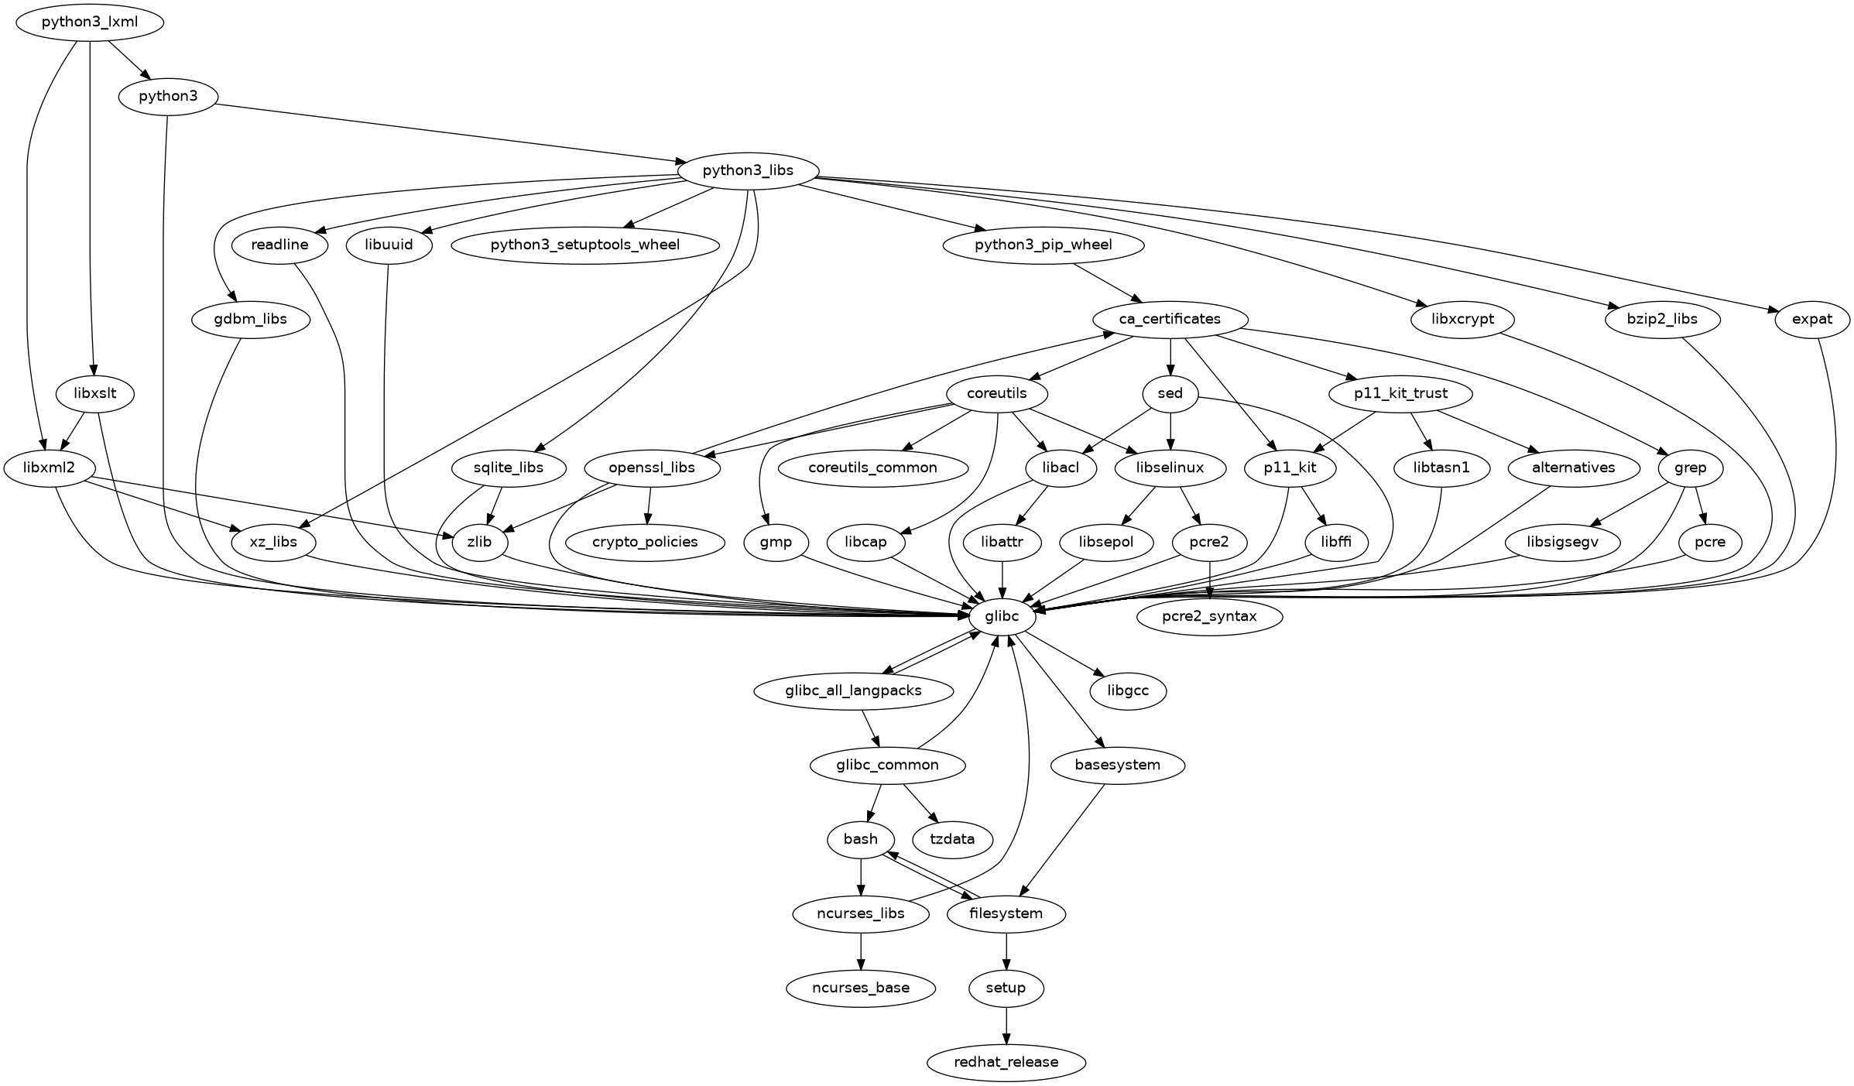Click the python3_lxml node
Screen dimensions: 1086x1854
click(90, 22)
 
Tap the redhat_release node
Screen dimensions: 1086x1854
click(1006, 1062)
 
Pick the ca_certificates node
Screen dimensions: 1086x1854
click(1170, 319)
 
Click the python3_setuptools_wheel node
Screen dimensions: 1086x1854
click(585, 245)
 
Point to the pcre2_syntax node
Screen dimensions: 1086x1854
click(1209, 616)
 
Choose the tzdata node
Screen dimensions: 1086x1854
click(952, 839)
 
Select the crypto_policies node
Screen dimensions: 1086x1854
click(645, 542)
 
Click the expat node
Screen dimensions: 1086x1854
click(1811, 319)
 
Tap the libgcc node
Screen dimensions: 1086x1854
click(1128, 690)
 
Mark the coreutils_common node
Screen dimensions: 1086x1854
click(872, 468)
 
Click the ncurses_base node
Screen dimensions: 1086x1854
click(861, 988)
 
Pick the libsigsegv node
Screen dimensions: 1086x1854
click(1563, 542)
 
